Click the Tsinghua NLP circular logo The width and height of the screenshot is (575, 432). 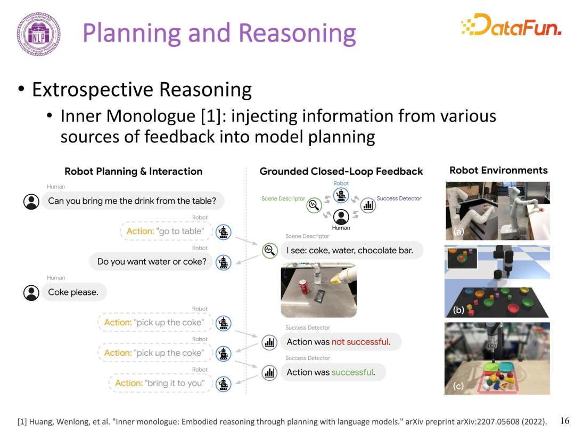[38, 34]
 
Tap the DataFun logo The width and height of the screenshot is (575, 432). [511, 25]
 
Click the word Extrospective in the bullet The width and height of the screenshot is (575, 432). [93, 90]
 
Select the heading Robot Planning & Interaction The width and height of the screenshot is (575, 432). [134, 172]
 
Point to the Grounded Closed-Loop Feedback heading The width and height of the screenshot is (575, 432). [341, 172]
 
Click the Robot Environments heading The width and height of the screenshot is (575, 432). [498, 171]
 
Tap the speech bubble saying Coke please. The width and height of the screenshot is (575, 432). [74, 292]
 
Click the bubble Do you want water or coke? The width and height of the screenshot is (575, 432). [151, 261]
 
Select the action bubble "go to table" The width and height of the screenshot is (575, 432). [166, 231]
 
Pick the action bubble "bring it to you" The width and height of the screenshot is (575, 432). [161, 383]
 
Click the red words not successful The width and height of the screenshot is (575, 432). [360, 342]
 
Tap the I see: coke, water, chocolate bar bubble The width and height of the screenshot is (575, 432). [352, 251]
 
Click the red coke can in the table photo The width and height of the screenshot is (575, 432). [303, 286]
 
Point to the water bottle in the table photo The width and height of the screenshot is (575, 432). [317, 274]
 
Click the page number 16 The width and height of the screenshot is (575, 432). [565, 421]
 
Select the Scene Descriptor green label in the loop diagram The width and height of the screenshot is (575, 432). [283, 198]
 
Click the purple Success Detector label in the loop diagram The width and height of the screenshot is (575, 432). [399, 198]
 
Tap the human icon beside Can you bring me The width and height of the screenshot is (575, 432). [31, 202]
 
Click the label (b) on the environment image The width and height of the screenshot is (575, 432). [458, 310]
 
